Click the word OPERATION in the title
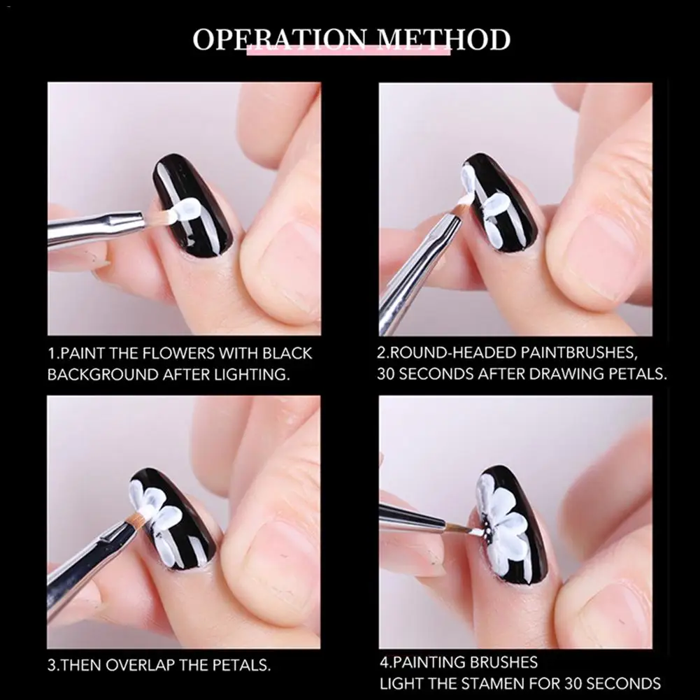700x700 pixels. click(280, 39)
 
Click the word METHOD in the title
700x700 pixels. click(444, 39)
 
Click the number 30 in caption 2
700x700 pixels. click(386, 373)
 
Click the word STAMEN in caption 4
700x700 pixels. click(494, 683)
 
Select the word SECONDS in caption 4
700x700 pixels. click(624, 683)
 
